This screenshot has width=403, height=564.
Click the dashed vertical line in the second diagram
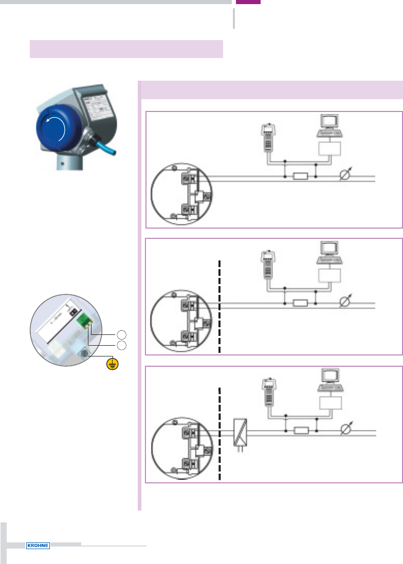pos(219,306)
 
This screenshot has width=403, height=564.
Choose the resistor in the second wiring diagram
pos(300,304)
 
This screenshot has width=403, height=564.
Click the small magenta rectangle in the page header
pos(248,2)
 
